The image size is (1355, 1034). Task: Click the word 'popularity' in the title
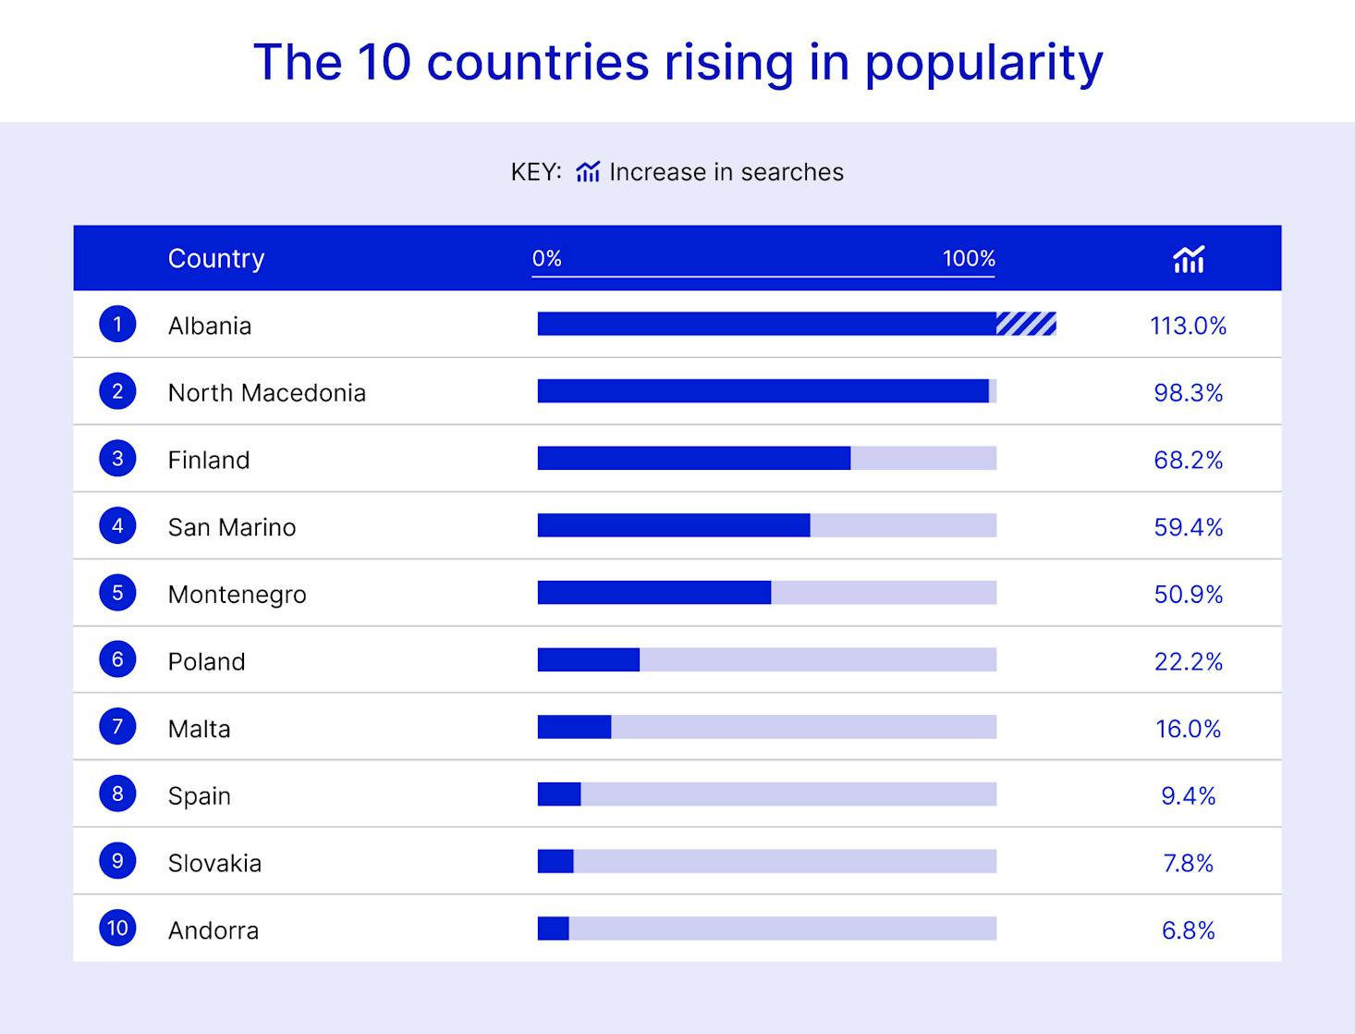click(x=983, y=63)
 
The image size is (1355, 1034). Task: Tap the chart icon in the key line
click(x=588, y=172)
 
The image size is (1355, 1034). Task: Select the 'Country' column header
click(x=216, y=258)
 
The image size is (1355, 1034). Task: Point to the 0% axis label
click(x=547, y=258)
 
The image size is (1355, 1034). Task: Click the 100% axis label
click(x=969, y=258)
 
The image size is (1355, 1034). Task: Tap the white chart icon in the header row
click(x=1189, y=259)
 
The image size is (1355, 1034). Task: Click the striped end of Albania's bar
click(x=1026, y=324)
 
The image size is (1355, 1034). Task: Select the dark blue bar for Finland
click(x=693, y=459)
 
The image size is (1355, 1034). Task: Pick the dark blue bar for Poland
click(x=589, y=659)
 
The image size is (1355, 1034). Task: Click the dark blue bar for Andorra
click(x=554, y=929)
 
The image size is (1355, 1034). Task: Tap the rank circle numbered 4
click(x=117, y=525)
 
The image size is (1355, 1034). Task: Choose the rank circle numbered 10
click(x=117, y=928)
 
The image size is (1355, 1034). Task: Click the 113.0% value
click(x=1188, y=326)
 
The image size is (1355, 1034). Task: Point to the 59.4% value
click(x=1188, y=527)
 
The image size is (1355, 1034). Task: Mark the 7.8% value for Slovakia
click(x=1188, y=863)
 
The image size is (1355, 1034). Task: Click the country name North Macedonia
click(x=267, y=393)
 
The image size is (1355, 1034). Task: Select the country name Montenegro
click(x=238, y=595)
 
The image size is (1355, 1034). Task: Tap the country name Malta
click(x=200, y=729)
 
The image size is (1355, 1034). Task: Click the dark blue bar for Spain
click(x=559, y=794)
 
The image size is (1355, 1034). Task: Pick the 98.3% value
click(x=1188, y=393)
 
